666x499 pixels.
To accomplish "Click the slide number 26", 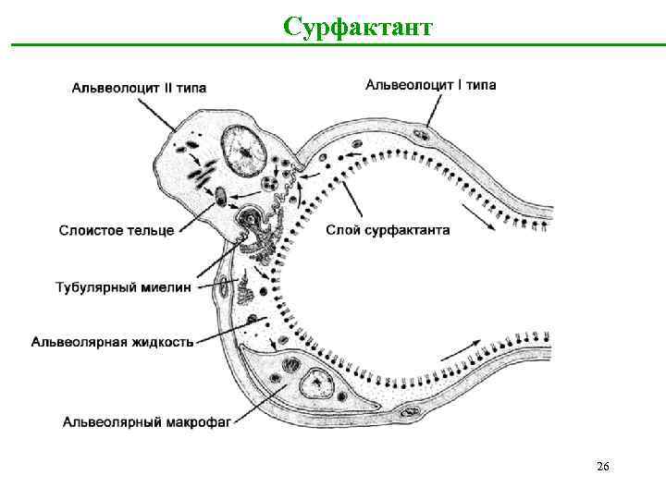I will (602, 467).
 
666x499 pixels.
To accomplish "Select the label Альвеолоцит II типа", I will (139, 88).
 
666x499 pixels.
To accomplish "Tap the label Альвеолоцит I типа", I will (430, 85).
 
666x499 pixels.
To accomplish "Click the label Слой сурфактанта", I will (388, 230).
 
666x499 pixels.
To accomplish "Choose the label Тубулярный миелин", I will (123, 286).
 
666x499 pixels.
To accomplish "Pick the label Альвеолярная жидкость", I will (113, 342).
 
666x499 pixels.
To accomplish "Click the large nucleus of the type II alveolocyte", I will (243, 147).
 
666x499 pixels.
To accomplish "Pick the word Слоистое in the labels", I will (89, 230).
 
